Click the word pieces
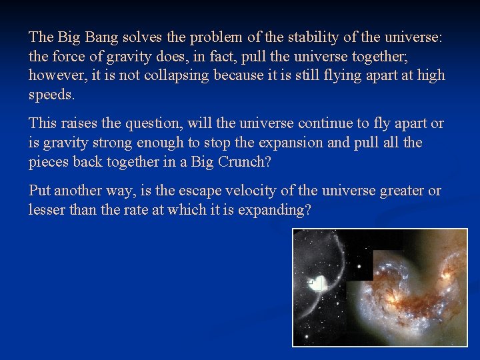coord(49,162)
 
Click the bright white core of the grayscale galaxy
coord(319,283)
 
